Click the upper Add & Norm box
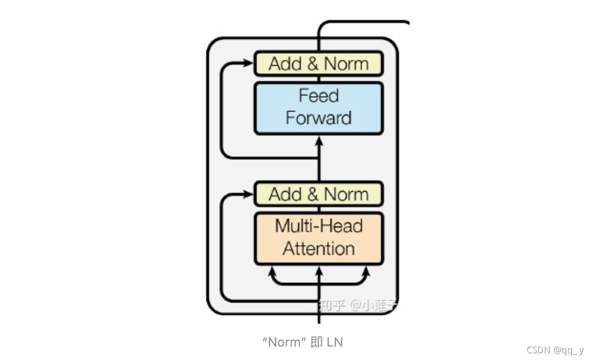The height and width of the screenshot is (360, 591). click(318, 64)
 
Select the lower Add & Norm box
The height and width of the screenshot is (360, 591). click(318, 194)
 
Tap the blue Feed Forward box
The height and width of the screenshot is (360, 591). click(318, 108)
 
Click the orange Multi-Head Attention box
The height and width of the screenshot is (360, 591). click(318, 238)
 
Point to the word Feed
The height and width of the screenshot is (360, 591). click(318, 96)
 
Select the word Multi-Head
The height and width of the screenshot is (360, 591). click(318, 226)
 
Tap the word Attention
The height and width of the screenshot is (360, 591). click(318, 249)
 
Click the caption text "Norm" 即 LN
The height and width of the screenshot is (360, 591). click(303, 342)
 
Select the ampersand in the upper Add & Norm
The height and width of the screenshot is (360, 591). click(313, 64)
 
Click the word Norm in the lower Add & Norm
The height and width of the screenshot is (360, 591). click(346, 194)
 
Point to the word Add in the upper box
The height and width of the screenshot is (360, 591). click(285, 64)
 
